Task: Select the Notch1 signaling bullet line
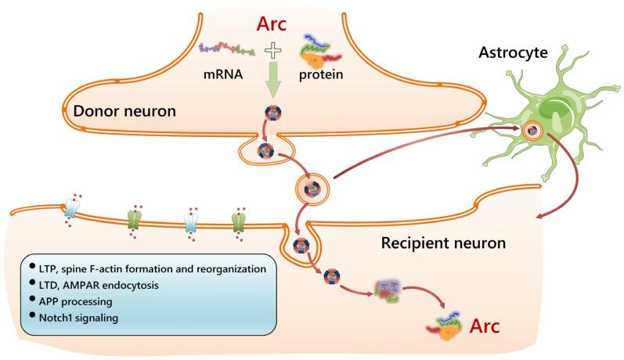77,319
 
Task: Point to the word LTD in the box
49,285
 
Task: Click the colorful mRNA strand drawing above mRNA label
228,50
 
